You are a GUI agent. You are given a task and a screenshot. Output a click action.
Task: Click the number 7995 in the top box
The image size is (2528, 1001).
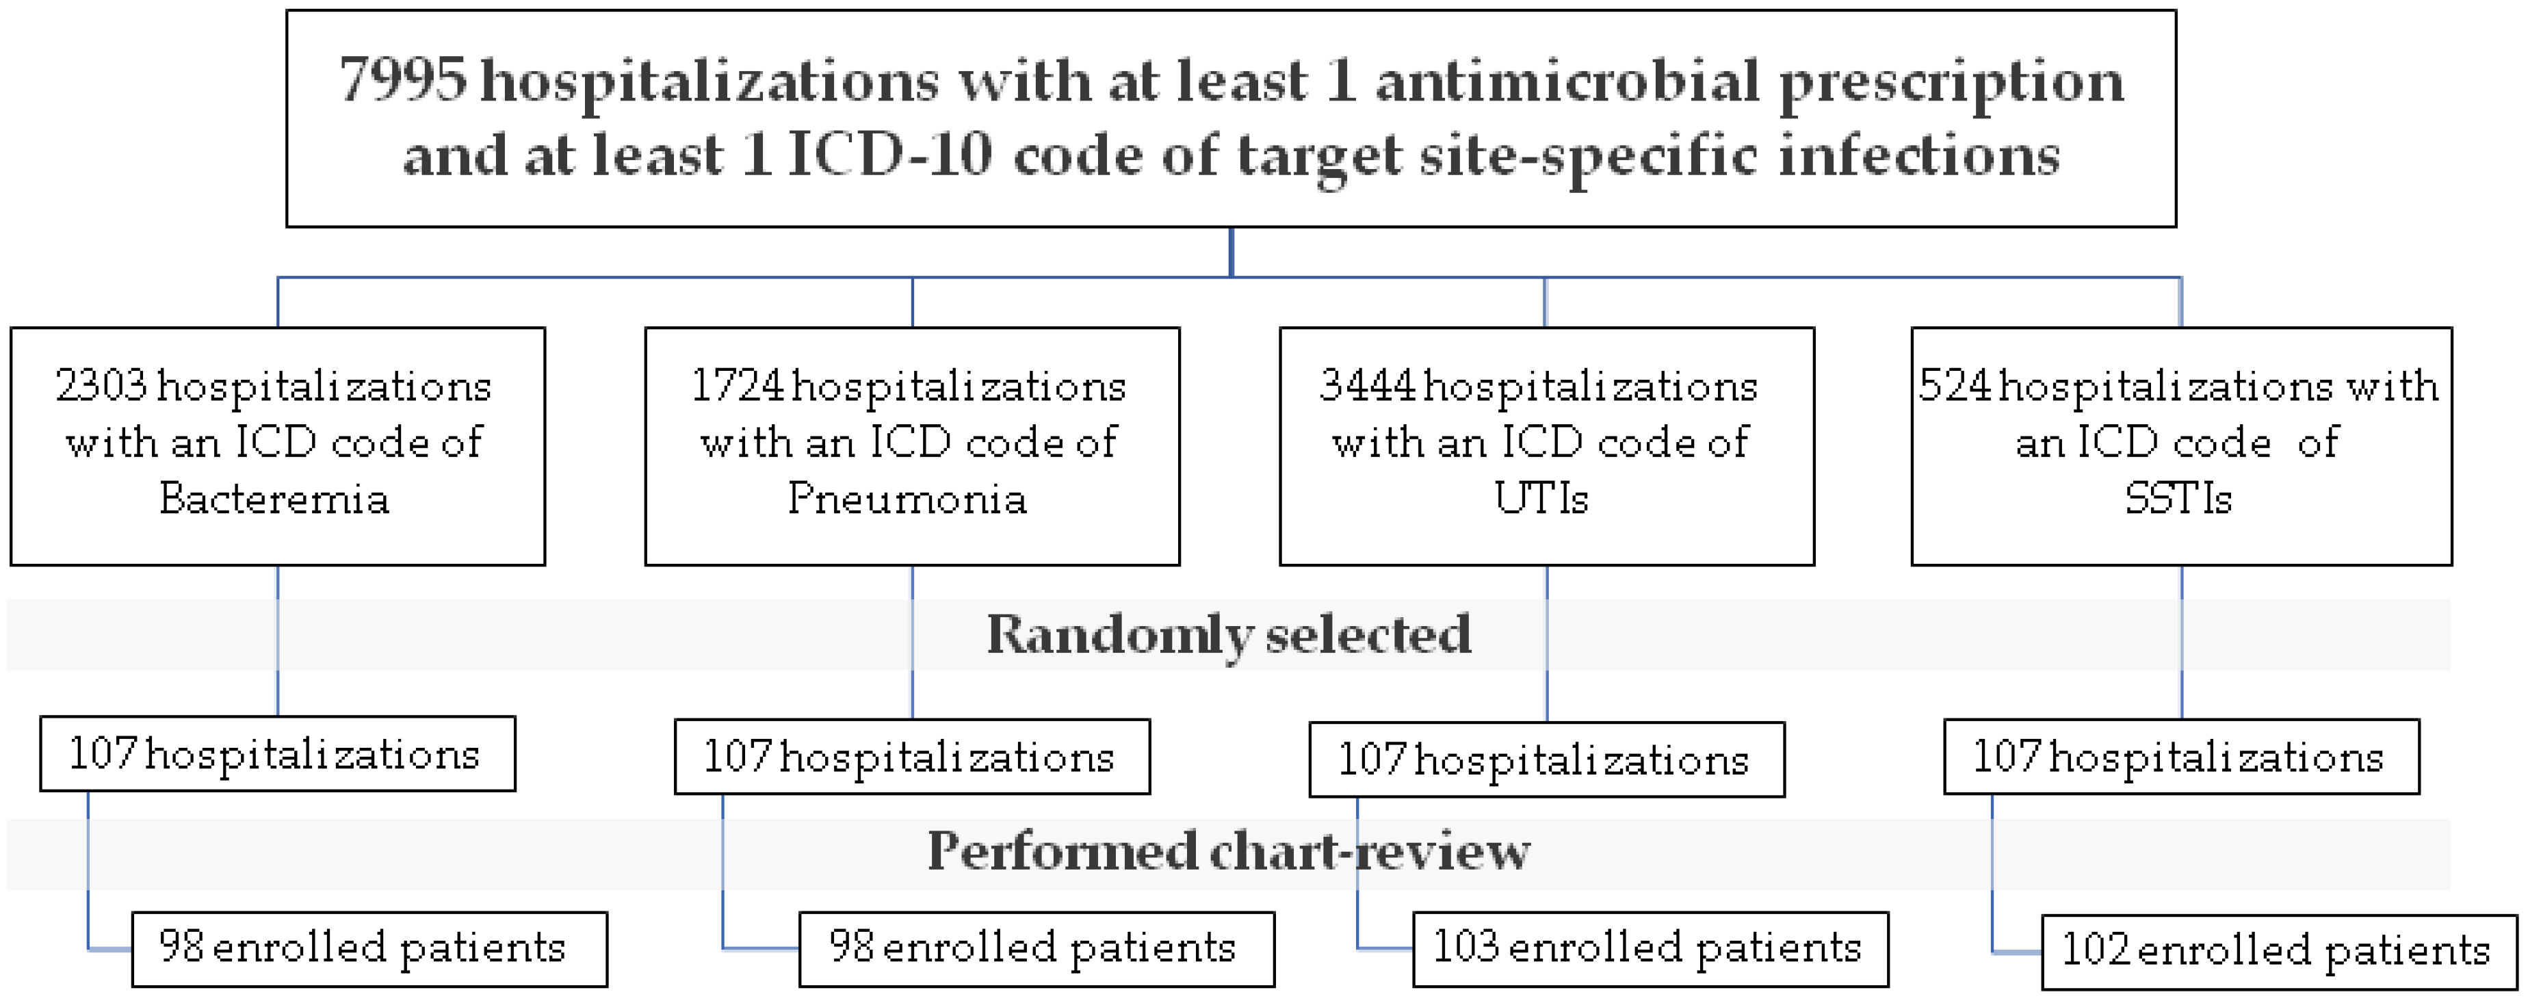click(x=402, y=81)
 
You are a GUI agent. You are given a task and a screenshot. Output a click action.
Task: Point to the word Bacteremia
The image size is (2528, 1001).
click(x=275, y=499)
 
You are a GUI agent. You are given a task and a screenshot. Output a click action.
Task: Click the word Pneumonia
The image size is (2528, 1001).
click(x=908, y=499)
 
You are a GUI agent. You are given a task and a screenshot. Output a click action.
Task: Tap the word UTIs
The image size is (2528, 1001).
click(x=1541, y=499)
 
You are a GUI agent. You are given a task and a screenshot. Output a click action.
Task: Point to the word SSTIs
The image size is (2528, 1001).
click(x=2178, y=499)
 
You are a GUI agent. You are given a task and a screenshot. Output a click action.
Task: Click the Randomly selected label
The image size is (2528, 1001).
click(x=1229, y=634)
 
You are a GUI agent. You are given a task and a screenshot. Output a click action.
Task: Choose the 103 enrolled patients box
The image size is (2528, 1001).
click(x=1650, y=949)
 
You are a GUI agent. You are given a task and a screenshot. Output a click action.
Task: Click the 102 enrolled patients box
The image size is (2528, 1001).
click(x=2279, y=951)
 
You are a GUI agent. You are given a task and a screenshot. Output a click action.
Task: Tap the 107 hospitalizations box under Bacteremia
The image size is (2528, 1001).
click(x=276, y=754)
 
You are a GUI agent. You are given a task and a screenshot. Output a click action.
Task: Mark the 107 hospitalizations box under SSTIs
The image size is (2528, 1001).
click(x=2180, y=757)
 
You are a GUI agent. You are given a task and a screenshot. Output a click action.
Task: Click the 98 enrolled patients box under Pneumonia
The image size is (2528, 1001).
click(x=1037, y=949)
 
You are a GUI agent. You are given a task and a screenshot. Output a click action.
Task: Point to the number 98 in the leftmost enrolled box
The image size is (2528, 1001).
click(x=181, y=946)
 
